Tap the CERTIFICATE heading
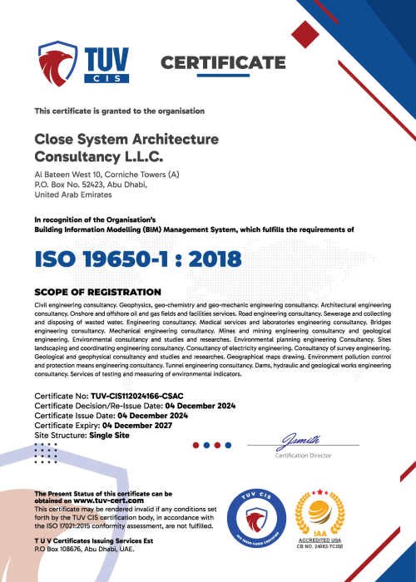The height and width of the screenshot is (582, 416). [222, 63]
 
